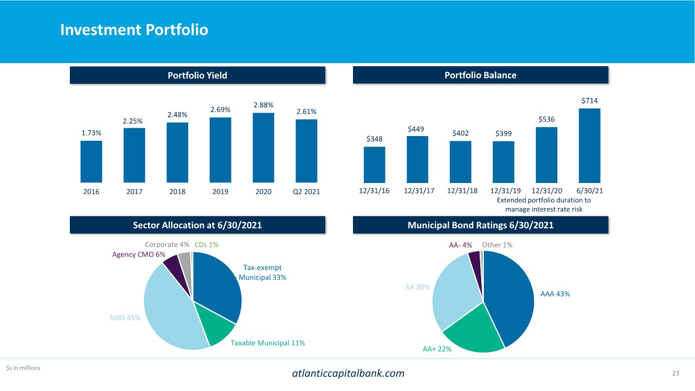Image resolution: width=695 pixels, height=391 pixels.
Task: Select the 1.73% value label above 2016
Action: pos(91,133)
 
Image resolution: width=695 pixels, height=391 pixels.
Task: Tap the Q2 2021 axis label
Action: pos(306,191)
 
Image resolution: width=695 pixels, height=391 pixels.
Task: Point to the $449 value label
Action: pos(417,129)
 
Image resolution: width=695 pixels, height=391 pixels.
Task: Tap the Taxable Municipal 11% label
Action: pos(267,343)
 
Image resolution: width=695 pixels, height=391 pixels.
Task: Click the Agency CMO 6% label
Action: pos(139,254)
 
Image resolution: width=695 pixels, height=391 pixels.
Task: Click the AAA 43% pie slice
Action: pos(511,297)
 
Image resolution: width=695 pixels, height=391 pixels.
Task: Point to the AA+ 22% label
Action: pos(437,349)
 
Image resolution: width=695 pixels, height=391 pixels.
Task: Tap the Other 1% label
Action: pos(497,245)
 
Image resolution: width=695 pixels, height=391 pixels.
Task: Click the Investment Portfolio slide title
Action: pos(134,30)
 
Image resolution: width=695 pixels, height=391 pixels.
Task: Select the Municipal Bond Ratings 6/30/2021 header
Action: pos(480,225)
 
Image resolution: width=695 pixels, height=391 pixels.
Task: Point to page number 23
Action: pos(676,373)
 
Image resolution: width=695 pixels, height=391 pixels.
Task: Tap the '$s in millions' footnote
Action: pos(23,368)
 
